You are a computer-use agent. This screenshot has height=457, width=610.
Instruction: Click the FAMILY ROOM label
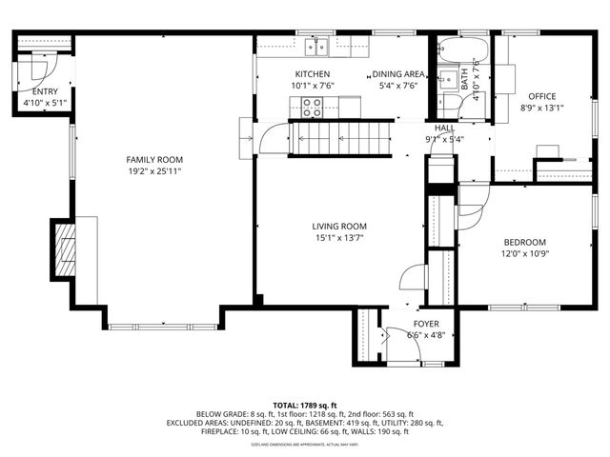[154, 159]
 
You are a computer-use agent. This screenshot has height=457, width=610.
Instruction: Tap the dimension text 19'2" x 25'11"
[154, 171]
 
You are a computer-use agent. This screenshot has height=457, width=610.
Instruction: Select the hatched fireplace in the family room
[64, 248]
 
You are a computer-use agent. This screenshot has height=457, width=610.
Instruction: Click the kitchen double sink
[317, 45]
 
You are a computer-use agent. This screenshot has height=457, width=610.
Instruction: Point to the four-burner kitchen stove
[312, 108]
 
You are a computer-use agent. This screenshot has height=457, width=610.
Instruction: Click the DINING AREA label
[397, 74]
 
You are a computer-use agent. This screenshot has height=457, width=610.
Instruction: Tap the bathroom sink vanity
[447, 79]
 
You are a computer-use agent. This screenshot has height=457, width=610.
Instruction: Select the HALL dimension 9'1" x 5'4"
[445, 140]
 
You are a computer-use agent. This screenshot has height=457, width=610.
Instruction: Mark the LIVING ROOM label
[339, 226]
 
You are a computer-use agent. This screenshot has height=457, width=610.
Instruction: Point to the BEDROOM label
[523, 242]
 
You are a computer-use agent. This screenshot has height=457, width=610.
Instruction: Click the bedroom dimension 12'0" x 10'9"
[523, 254]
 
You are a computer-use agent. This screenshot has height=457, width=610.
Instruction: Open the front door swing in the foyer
[393, 340]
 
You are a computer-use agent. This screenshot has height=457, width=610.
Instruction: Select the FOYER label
[426, 324]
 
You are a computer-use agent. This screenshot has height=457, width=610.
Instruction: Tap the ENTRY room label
[44, 91]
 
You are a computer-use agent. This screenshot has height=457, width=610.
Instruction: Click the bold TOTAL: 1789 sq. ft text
[305, 405]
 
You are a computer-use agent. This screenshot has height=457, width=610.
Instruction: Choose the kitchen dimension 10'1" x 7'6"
[312, 86]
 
